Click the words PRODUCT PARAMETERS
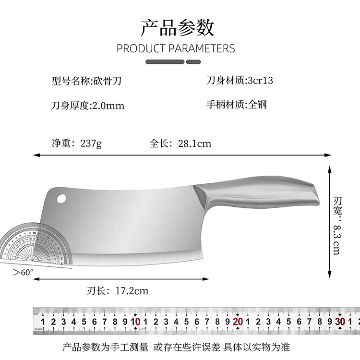click(176, 48)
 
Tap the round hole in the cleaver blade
click(61, 197)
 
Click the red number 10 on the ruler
click(135, 322)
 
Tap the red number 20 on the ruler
click(238, 322)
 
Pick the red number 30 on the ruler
click(340, 322)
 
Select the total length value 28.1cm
click(194, 144)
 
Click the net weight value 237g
click(91, 144)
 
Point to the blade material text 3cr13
click(260, 81)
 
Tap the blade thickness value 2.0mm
click(108, 106)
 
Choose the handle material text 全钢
click(257, 105)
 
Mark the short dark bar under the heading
click(193, 62)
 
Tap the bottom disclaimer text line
click(176, 346)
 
